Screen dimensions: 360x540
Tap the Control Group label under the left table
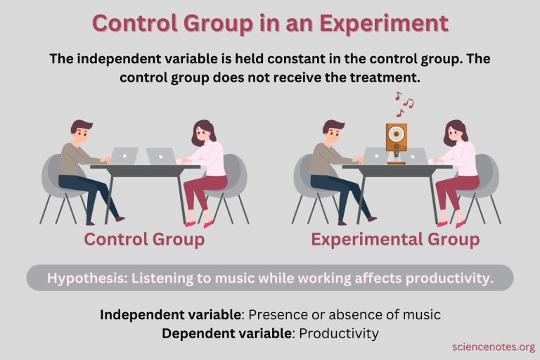(144, 240)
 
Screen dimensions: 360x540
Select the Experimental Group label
(395, 240)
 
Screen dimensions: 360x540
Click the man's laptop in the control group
(126, 155)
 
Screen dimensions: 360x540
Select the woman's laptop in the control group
(161, 155)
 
